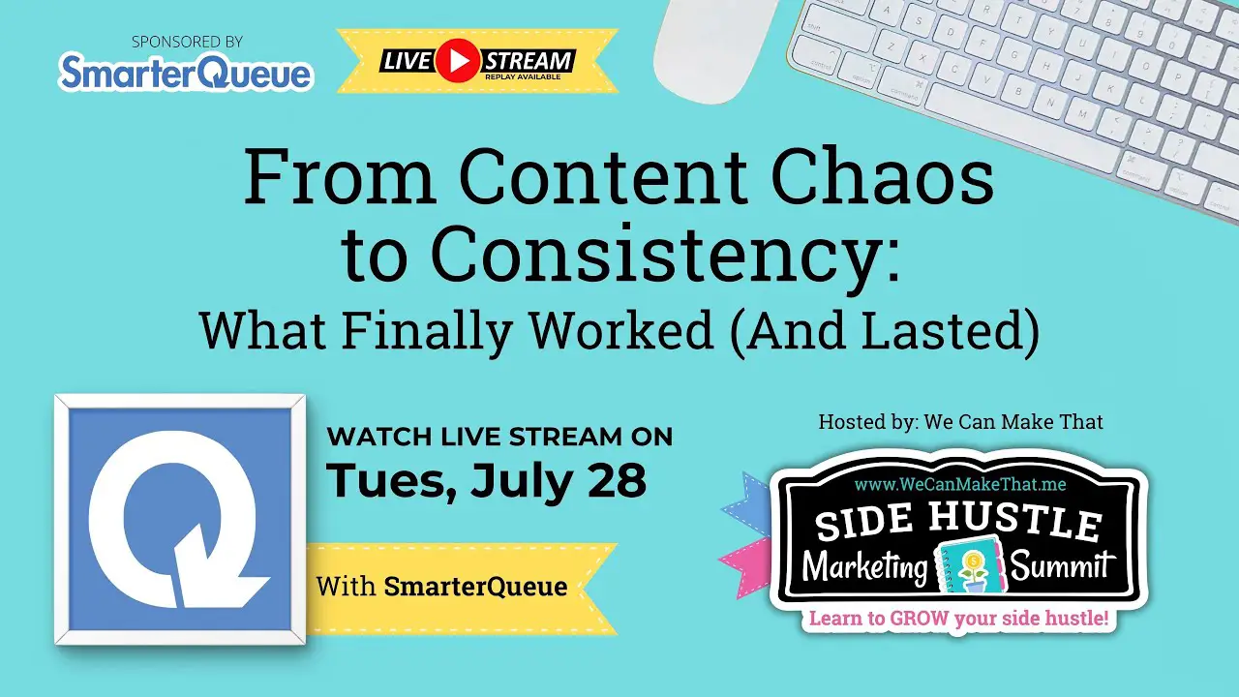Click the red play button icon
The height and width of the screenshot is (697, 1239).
(x=458, y=61)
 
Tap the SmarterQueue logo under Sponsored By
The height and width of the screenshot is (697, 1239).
(x=186, y=71)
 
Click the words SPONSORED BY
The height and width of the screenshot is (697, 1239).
(x=187, y=42)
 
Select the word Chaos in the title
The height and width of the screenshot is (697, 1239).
(x=882, y=175)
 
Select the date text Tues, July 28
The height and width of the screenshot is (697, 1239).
(x=486, y=480)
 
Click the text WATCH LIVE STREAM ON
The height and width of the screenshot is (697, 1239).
(x=499, y=437)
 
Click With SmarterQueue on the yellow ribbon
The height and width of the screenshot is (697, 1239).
(x=442, y=587)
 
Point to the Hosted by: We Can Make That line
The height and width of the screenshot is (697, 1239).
(x=961, y=422)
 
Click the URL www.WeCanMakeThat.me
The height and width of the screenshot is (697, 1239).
(x=960, y=485)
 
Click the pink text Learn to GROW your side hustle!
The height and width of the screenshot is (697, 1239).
(x=959, y=618)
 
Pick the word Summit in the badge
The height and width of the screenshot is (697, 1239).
(x=1062, y=566)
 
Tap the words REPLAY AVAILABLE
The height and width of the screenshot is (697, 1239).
(x=522, y=76)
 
